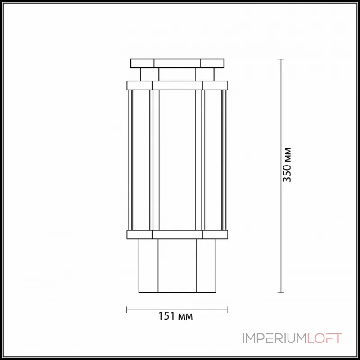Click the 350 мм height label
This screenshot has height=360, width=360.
coord(287,164)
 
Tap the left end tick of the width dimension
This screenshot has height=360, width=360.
coord(127,310)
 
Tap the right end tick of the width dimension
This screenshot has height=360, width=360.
coord(228,310)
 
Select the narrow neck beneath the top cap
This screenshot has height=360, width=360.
coord(177,74)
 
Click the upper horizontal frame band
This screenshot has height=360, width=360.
coord(177,85)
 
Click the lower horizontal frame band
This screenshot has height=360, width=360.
coord(177,234)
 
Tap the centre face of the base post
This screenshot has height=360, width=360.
coord(177,265)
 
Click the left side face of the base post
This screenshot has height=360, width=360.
coord(148,265)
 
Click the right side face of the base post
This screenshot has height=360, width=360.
coord(207,265)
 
